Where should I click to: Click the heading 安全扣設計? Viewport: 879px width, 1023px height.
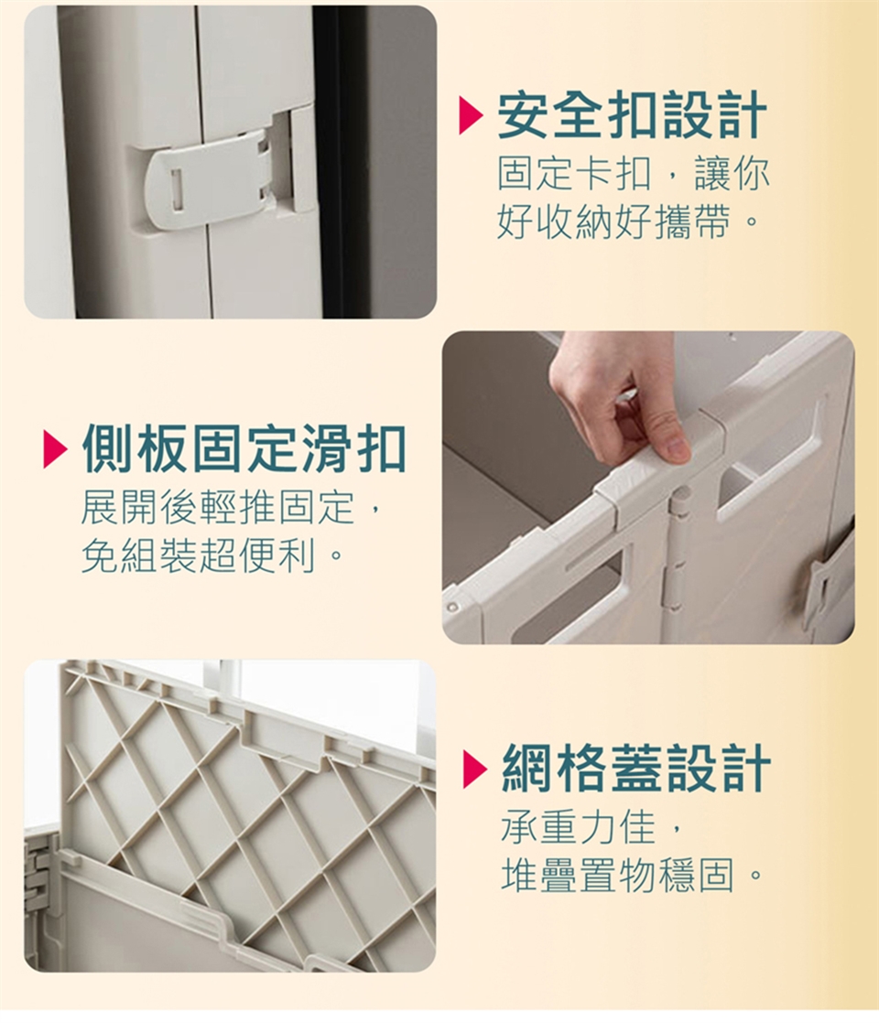point(633,115)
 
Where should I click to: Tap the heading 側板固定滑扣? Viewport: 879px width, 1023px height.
point(244,448)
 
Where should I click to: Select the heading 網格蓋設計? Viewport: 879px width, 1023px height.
point(636,767)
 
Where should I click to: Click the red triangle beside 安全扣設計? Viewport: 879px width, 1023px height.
point(471,115)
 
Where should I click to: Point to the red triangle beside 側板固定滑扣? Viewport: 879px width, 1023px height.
point(55,449)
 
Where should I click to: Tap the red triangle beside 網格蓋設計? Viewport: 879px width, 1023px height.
point(475,768)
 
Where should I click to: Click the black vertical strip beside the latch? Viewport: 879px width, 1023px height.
point(337,162)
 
